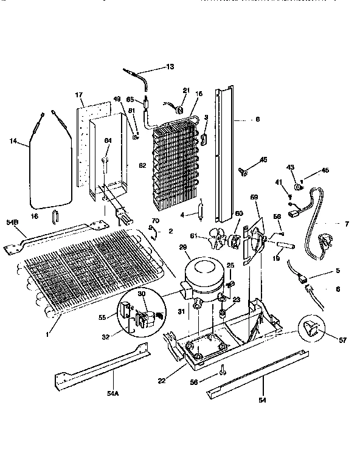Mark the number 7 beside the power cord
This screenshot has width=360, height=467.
point(347,224)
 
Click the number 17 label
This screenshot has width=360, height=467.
point(78,95)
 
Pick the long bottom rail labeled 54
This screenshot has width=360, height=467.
point(252,375)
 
